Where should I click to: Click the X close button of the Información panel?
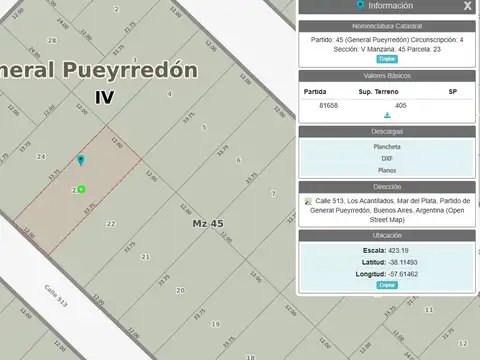pyautogui.click(x=467, y=5)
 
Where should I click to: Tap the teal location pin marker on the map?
pyautogui.click(x=81, y=160)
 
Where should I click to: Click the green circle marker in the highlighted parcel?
pyautogui.click(x=81, y=189)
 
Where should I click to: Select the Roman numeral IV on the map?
pyautogui.click(x=105, y=97)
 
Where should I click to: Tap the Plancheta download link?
pyautogui.click(x=387, y=147)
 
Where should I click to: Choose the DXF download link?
pyautogui.click(x=387, y=158)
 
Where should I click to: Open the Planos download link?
pyautogui.click(x=387, y=170)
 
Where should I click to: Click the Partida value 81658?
pyautogui.click(x=329, y=104)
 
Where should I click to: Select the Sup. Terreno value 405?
pyautogui.click(x=400, y=104)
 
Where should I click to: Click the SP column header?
pyautogui.click(x=452, y=91)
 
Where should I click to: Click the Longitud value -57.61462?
pyautogui.click(x=406, y=273)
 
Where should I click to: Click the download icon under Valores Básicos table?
pyautogui.click(x=387, y=116)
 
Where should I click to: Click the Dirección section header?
pyautogui.click(x=387, y=186)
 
